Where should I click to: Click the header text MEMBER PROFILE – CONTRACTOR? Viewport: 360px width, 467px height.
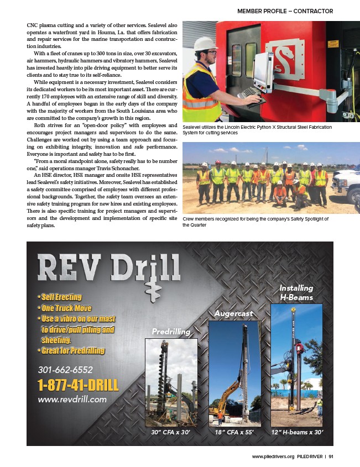285,11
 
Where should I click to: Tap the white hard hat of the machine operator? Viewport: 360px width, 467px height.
204,44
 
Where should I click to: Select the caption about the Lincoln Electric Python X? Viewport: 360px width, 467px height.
257,130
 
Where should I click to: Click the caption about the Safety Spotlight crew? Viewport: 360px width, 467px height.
255,222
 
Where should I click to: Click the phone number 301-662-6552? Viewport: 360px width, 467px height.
65,369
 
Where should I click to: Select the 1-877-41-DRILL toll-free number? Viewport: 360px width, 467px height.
77,384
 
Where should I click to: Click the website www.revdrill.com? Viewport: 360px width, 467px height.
72,398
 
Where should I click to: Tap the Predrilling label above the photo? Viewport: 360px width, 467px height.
171,331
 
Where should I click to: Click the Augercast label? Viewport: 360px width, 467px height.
233,313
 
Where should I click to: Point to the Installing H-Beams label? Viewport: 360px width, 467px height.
296,292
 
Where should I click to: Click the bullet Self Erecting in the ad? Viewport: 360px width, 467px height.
61,297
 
